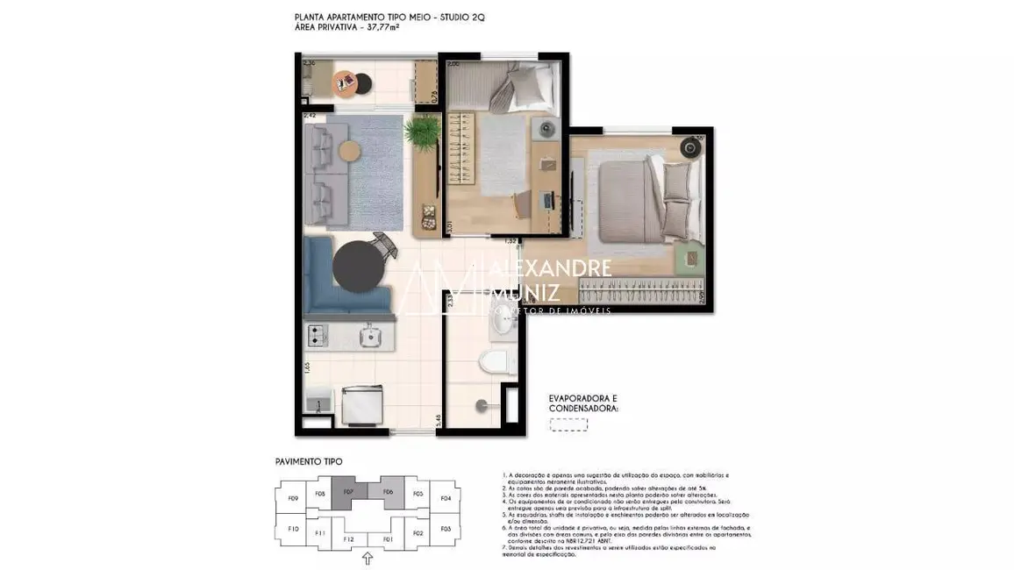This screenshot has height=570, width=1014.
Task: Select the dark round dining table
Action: click(x=358, y=267)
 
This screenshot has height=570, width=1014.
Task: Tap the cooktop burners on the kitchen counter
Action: click(x=317, y=334)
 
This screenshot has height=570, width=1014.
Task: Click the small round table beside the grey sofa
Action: click(x=350, y=151)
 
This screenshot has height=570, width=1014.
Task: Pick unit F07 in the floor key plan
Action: click(x=348, y=493)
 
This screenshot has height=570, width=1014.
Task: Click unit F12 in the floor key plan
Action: click(x=348, y=538)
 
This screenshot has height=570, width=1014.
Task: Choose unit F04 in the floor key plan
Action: click(x=446, y=498)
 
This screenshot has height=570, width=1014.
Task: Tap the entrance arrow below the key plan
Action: click(x=368, y=558)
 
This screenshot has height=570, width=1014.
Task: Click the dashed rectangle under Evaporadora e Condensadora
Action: click(x=568, y=424)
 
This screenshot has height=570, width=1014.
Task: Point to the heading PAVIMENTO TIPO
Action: click(x=309, y=461)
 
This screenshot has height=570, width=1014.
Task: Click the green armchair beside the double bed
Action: click(x=689, y=257)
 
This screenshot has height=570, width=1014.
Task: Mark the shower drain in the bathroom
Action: click(x=480, y=405)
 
